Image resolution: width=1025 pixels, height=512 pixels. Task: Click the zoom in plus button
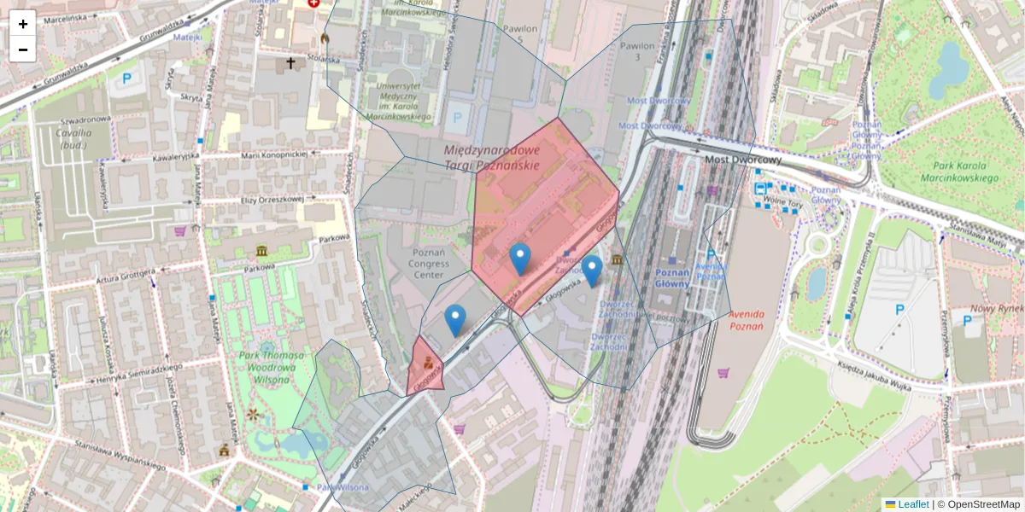coord(23,24)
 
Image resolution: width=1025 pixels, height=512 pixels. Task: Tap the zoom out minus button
coord(23,49)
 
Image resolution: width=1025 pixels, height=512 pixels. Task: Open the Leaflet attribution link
coord(912,504)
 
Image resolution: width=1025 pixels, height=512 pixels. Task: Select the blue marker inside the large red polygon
coord(519,259)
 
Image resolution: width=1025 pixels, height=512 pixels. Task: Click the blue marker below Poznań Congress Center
coord(455,320)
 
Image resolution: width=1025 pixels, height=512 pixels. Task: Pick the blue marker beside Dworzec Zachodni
coord(591,271)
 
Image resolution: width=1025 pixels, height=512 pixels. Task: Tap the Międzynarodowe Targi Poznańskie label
coord(492,157)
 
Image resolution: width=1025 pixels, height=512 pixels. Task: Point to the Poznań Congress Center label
coord(428,265)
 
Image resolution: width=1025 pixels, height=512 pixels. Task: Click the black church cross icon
coord(290,63)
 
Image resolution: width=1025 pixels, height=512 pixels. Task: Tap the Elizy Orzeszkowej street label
coord(272,199)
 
